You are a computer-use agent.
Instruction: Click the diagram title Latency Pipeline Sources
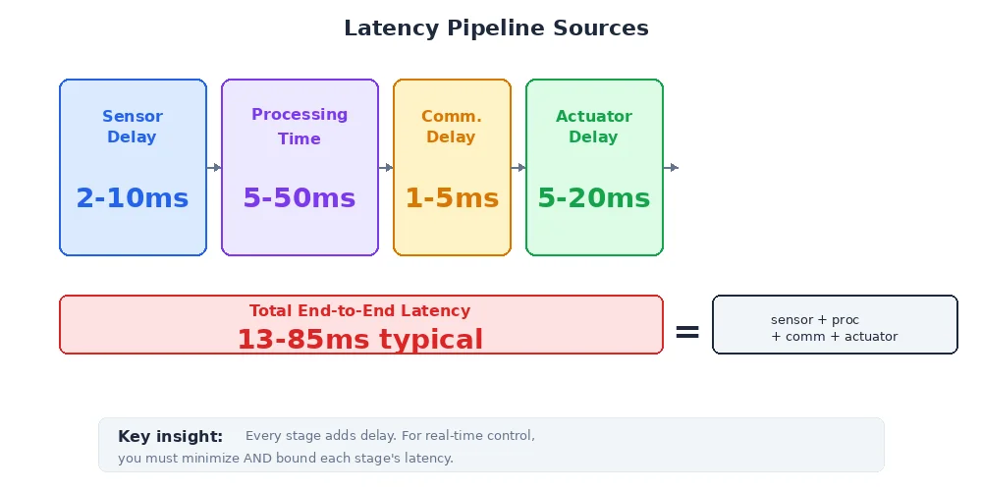click(496, 28)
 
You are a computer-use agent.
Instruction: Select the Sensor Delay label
click(133, 127)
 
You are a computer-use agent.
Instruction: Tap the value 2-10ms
click(133, 198)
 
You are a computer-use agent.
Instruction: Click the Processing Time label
click(300, 127)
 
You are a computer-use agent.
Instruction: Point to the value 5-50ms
click(300, 198)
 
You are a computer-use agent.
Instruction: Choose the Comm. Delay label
click(452, 127)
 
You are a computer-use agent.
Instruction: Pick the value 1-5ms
click(452, 198)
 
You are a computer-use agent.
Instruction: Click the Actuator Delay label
click(594, 127)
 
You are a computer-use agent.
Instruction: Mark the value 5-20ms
click(594, 198)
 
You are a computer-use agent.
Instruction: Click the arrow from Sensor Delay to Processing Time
click(214, 168)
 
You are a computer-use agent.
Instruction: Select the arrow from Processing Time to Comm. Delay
click(386, 168)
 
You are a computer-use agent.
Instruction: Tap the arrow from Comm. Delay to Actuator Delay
click(518, 168)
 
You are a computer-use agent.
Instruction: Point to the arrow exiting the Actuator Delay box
click(672, 168)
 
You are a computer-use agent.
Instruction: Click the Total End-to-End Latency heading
click(359, 311)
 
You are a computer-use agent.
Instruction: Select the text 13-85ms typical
click(359, 340)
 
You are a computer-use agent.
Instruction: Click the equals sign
click(687, 333)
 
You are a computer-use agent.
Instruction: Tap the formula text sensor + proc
click(815, 320)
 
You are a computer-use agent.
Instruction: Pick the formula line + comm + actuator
click(835, 337)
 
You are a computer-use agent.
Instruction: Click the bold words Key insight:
click(171, 437)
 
